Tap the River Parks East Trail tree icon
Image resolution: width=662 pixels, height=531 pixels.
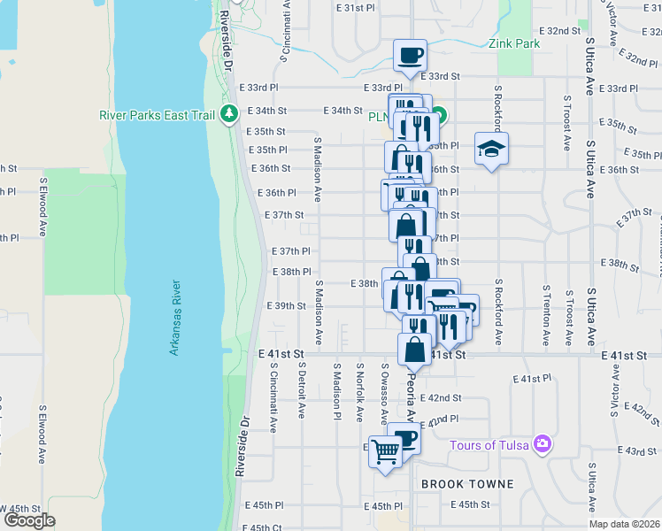point(229,113)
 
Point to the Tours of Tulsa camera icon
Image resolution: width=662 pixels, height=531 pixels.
point(543,444)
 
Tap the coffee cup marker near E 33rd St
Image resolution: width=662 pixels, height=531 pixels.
point(410,56)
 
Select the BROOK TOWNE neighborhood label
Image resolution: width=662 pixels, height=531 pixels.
point(467,484)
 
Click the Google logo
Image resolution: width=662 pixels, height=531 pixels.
point(29,520)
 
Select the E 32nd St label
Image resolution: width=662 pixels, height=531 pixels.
point(558,30)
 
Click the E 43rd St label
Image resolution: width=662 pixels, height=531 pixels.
point(640,451)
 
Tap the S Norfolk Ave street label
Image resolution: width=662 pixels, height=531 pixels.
point(359,391)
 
